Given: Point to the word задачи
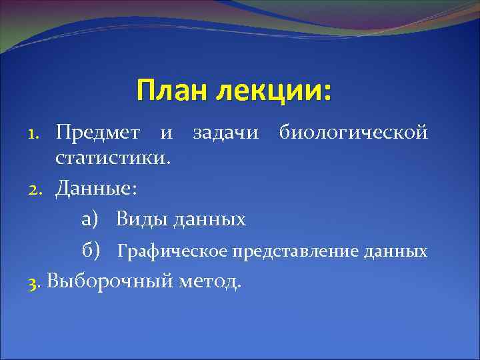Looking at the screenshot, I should [225, 132].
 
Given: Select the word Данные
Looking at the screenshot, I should [96, 189].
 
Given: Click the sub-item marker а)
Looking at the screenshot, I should [91, 219].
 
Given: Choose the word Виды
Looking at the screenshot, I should [141, 219].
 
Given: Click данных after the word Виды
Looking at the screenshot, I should [209, 219].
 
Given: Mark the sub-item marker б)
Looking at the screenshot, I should [91, 251].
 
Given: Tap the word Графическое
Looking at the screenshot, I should [173, 251].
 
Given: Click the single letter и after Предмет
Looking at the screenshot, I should [165, 133].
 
